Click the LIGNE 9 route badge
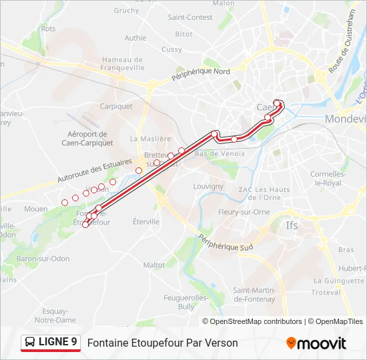51,343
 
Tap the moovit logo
316,343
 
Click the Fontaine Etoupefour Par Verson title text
162,343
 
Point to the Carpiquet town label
116,105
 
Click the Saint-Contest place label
190,17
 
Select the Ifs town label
292,225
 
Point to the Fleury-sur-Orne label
244,212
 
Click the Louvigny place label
208,187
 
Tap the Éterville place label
146,221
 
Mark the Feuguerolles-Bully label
189,302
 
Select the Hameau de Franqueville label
123,63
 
